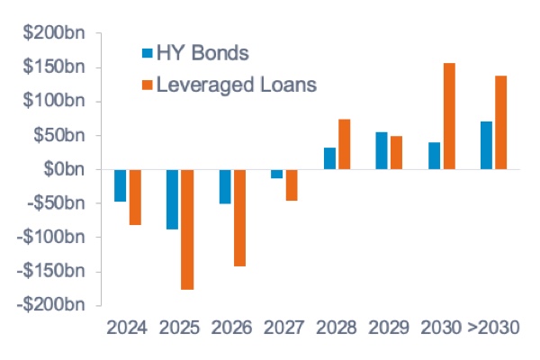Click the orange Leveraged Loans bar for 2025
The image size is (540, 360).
tap(187, 229)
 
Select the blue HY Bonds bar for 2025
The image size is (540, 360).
tap(172, 199)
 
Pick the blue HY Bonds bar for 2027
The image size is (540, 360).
tap(276, 174)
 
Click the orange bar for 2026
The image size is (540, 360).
tap(239, 218)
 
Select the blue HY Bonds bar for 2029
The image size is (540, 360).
tap(382, 150)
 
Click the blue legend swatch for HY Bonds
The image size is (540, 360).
tap(148, 53)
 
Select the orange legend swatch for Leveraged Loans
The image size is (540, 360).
tap(148, 86)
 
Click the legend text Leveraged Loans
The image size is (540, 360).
tap(238, 85)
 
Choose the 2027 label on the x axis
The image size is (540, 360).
tap(283, 326)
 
